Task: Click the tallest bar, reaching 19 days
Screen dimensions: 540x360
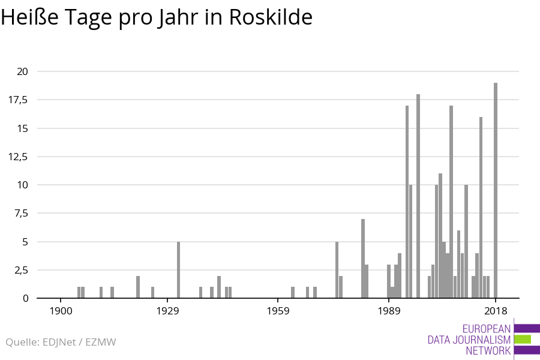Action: (x=496, y=190)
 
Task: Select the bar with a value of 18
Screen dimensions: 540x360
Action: (x=418, y=196)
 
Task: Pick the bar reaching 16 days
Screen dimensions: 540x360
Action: (x=481, y=208)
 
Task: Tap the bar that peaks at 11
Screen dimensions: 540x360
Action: (x=440, y=236)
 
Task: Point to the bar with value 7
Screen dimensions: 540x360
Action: (x=363, y=259)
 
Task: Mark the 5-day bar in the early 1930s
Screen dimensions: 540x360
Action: (x=178, y=270)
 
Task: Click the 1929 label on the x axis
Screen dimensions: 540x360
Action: (x=167, y=311)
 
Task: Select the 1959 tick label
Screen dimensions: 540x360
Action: (x=278, y=311)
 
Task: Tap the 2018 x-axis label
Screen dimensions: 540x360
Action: (x=496, y=311)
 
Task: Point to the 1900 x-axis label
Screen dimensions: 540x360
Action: (x=61, y=311)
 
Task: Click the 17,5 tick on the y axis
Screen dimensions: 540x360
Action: (x=18, y=100)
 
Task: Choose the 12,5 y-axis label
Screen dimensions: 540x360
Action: (x=18, y=157)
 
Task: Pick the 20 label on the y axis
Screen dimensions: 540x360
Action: (x=22, y=71)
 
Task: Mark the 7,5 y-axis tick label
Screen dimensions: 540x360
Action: (x=20, y=213)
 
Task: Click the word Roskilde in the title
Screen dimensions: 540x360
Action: (x=271, y=17)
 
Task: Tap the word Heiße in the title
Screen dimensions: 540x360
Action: (x=29, y=17)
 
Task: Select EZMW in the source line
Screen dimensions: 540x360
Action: (x=101, y=342)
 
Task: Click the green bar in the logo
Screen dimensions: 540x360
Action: (x=523, y=340)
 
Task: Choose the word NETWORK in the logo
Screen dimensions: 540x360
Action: (x=488, y=350)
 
